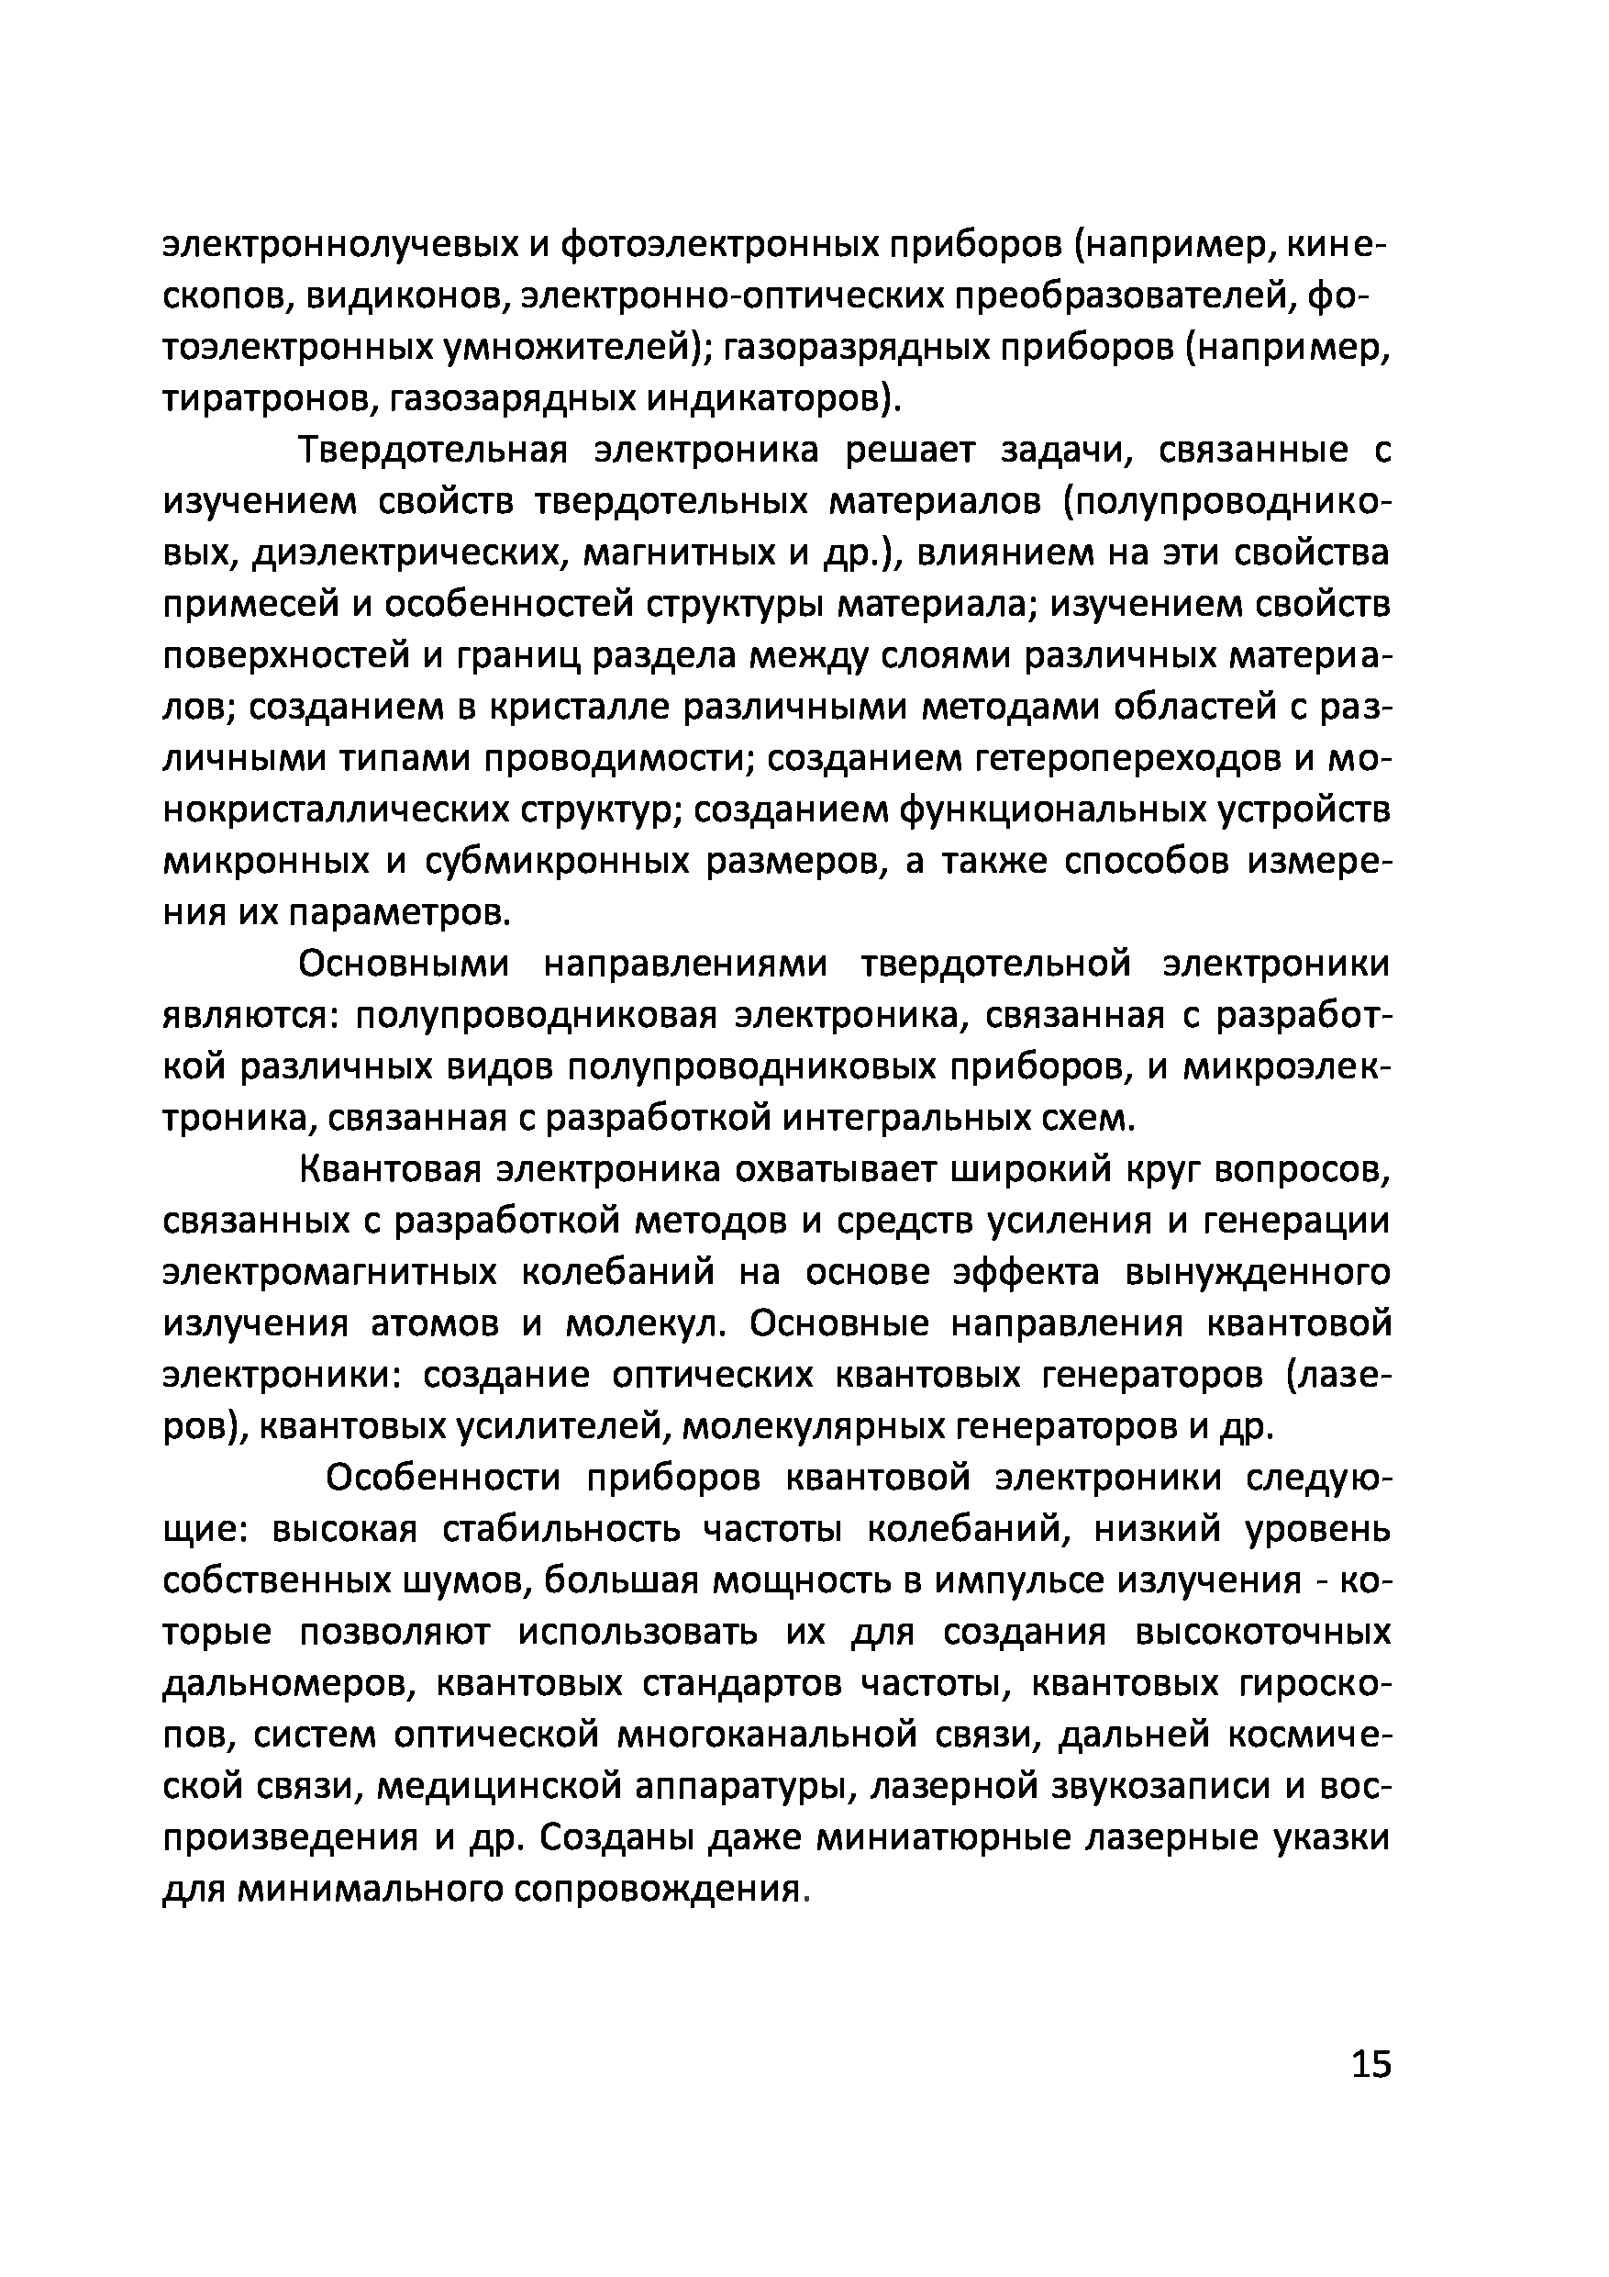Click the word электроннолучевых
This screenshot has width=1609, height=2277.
[x=335, y=244]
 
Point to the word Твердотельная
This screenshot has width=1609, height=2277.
[x=433, y=451]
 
